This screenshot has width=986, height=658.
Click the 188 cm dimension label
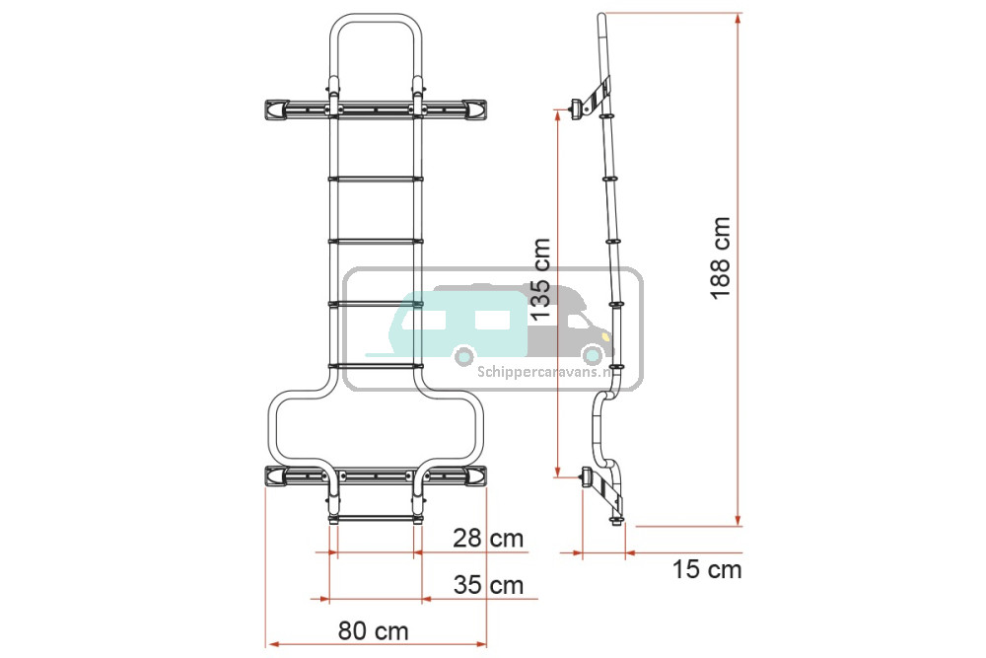(x=722, y=257)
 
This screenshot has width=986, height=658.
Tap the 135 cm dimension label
(x=540, y=278)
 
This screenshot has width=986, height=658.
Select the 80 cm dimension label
(x=373, y=631)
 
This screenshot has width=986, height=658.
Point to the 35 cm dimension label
(x=489, y=585)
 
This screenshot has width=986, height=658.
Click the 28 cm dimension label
(x=489, y=539)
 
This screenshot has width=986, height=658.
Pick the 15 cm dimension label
(x=707, y=570)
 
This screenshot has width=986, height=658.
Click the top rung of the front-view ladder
(x=376, y=179)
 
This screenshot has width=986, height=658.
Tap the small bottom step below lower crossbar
(x=376, y=519)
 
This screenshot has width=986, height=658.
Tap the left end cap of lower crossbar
(x=277, y=476)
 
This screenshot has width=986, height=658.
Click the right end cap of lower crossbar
(x=474, y=476)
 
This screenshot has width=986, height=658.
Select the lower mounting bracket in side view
(x=602, y=487)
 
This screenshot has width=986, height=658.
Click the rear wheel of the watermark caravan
(x=463, y=357)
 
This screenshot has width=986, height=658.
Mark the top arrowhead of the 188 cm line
(x=739, y=18)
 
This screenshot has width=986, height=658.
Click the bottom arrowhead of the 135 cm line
(x=557, y=472)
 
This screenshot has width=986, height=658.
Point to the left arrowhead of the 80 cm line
(x=272, y=644)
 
